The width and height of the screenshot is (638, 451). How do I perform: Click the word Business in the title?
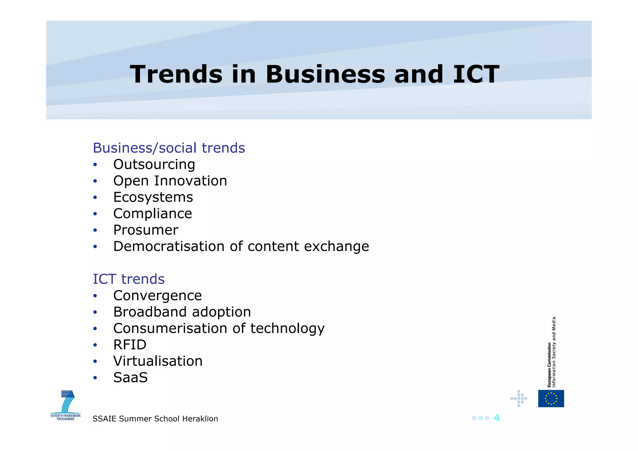(326, 74)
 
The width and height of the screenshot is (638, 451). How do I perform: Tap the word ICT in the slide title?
(476, 74)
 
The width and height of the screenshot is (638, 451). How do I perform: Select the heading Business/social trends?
(169, 148)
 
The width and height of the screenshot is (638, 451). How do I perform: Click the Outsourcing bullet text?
(154, 164)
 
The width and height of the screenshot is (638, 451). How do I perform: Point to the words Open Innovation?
(170, 181)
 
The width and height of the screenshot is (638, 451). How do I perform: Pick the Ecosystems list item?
(153, 197)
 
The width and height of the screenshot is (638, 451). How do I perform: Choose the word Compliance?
(153, 214)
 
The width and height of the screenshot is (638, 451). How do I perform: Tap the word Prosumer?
(146, 230)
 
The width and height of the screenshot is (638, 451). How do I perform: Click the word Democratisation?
(169, 246)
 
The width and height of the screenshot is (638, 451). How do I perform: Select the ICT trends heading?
(129, 279)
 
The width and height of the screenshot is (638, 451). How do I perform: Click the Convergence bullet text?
(158, 295)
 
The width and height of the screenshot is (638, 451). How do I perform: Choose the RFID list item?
(130, 345)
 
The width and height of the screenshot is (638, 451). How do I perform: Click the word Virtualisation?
(158, 361)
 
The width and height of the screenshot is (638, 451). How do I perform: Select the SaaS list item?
(131, 377)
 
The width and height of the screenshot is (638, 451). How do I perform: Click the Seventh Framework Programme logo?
(66, 405)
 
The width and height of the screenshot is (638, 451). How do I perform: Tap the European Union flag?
(551, 398)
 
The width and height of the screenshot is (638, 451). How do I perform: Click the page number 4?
(497, 418)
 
